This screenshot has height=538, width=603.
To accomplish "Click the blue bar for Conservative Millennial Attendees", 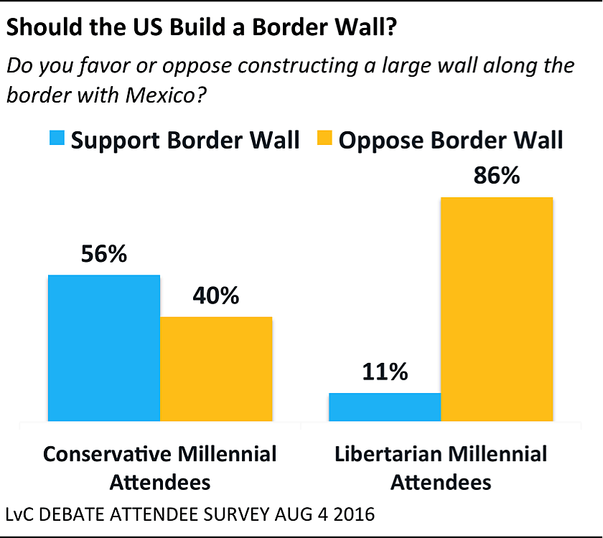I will pos(104,348).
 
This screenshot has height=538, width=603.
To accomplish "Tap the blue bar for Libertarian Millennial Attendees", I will pos(385,407).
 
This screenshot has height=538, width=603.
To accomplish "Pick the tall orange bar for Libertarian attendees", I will pos(497,309).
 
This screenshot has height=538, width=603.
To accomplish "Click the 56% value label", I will pos(104,255).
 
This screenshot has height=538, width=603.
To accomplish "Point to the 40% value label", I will pos(216,296).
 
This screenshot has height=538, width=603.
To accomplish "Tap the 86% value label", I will pos(497,176).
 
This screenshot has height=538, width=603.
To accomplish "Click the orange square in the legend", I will pos(324,139).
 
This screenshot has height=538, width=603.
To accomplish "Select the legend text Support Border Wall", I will pos(185,140).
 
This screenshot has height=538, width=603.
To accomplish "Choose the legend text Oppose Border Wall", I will pos(451,140).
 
